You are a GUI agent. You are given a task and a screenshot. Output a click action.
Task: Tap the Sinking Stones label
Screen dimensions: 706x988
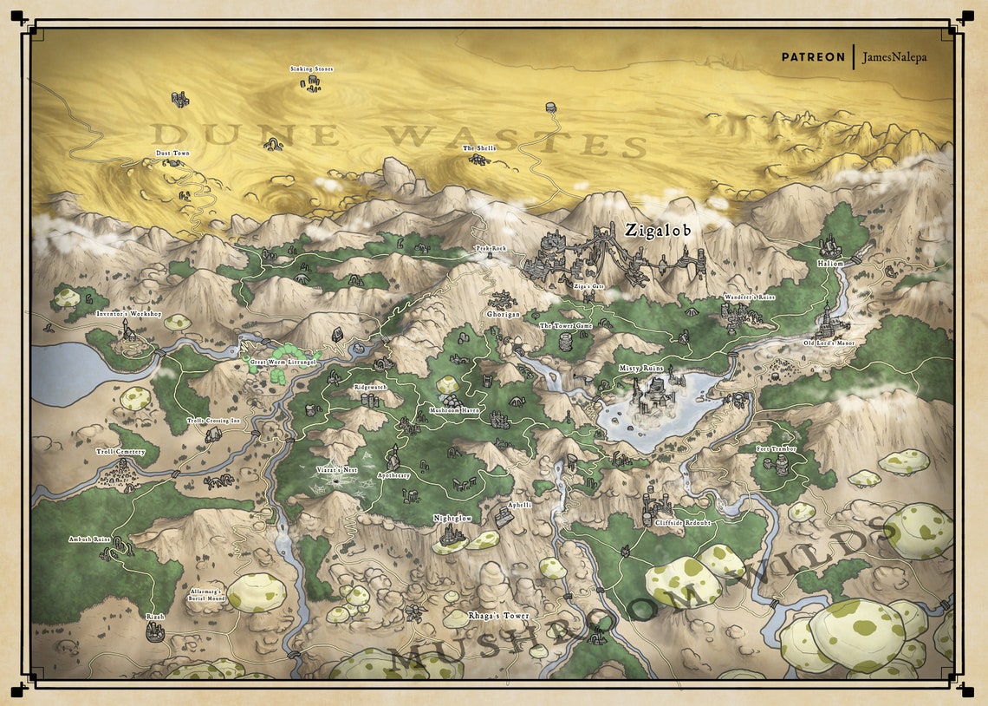coord(311,69)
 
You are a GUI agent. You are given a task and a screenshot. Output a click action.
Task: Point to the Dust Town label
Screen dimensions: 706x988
coord(172,154)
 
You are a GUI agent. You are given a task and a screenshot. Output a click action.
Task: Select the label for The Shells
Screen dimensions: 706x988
coord(479,148)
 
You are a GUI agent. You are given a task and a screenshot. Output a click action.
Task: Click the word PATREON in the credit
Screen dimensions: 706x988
coord(812,57)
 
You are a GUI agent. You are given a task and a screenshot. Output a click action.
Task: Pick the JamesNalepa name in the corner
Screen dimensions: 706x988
coord(894,57)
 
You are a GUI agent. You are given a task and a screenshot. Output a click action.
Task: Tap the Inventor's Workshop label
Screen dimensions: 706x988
coord(128,313)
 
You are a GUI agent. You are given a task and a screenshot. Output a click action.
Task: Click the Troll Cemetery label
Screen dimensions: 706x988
coord(120,452)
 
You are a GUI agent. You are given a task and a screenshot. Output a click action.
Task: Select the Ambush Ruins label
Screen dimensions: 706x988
coord(91,539)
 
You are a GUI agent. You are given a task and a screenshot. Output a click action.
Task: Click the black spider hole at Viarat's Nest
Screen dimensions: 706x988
coord(337,480)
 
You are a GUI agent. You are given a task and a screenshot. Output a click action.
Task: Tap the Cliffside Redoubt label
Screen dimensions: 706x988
coord(684,524)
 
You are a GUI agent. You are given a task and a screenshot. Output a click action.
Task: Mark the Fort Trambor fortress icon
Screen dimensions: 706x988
coord(782,466)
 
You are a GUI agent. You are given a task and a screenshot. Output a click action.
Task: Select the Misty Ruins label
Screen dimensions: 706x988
coord(640,369)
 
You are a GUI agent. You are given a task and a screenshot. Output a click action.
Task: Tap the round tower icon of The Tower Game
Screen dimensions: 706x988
coord(566,342)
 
